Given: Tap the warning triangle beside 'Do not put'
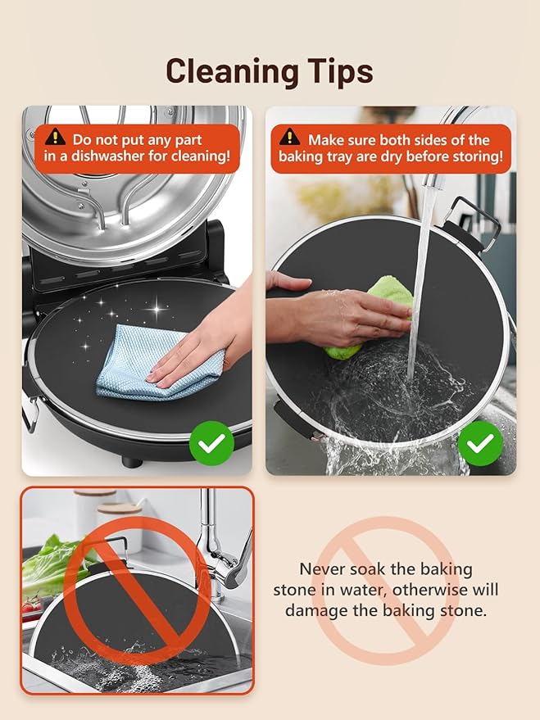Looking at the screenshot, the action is click(56, 137).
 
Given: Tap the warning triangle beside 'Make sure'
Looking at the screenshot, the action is click(290, 137).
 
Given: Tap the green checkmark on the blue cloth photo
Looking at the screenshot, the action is click(211, 443).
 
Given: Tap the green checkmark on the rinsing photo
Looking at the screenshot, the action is click(480, 443).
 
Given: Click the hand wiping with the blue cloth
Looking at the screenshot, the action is click(202, 340).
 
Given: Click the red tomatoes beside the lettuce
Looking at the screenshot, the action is click(31, 607).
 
